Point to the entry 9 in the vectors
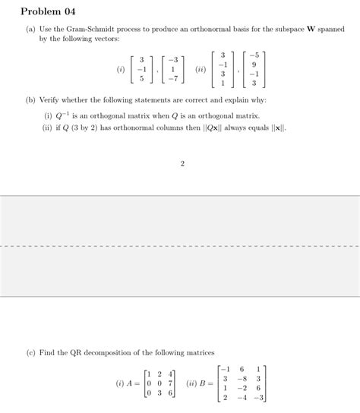(254, 65)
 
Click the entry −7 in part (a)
(174, 78)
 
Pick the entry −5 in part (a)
(254, 55)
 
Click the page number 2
(182, 162)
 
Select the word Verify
(49, 100)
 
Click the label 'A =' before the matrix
(134, 383)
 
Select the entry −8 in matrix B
(242, 378)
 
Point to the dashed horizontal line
(180, 246)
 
